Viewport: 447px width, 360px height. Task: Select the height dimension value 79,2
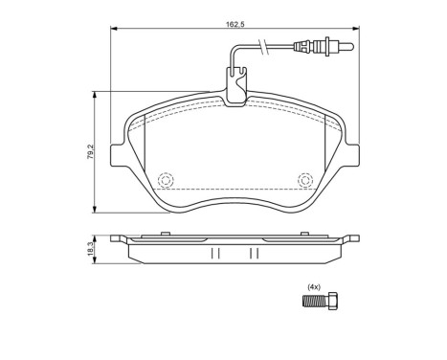pyautogui.click(x=89, y=153)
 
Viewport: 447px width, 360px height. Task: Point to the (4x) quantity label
pyautogui.click(x=312, y=287)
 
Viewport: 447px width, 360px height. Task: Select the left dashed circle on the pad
pyautogui.click(x=167, y=180)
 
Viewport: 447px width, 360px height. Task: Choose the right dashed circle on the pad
pyautogui.click(x=305, y=179)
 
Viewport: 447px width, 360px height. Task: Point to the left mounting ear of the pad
pyautogui.click(x=118, y=153)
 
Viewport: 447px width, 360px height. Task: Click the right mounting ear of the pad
pyautogui.click(x=353, y=153)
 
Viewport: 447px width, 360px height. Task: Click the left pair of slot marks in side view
pyautogui.click(x=215, y=253)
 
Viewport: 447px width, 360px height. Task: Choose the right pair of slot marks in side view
pyautogui.click(x=255, y=253)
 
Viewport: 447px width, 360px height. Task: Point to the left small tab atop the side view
pyautogui.click(x=123, y=236)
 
